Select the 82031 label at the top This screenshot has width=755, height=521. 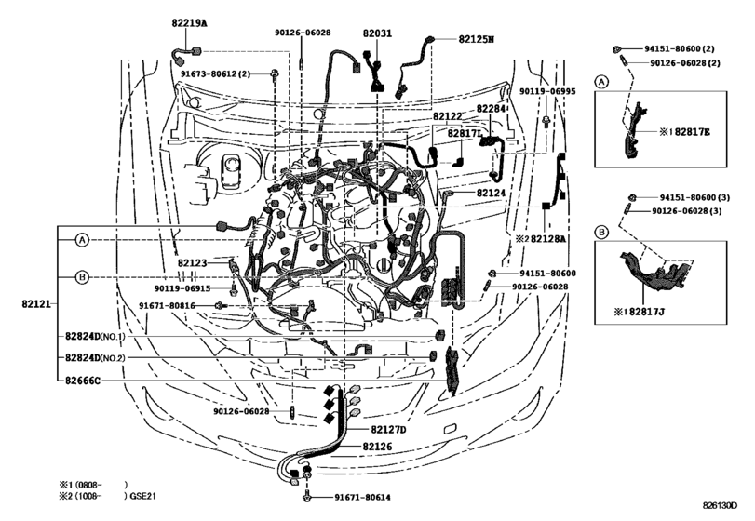pos(378,33)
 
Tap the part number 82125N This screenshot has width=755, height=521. pos(477,40)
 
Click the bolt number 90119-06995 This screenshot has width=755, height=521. pos(547,92)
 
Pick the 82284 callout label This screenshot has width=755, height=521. pos(492,109)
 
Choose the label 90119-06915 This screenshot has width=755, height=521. pos(182,288)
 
